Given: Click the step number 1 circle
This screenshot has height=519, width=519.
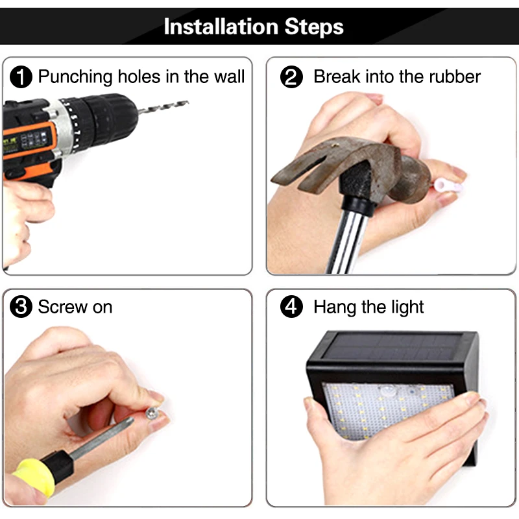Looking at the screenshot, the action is tap(21, 77).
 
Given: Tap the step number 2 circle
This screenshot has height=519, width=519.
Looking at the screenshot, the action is tap(291, 77).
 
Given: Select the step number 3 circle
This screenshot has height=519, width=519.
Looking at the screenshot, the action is tap(21, 306).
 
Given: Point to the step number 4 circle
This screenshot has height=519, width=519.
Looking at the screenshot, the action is tap(291, 306).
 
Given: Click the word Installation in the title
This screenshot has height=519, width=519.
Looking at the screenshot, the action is tap(221, 27).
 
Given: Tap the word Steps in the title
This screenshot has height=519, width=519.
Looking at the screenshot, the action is tap(314, 27).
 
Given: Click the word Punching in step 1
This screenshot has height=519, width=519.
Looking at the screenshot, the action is tap(75, 77).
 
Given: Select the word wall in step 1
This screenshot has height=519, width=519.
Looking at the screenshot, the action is tap(229, 77).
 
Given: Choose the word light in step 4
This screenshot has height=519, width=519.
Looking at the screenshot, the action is tap(407, 308).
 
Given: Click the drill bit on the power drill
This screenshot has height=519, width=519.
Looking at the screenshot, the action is tap(163, 106).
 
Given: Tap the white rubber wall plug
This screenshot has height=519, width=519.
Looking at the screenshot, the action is tap(448, 186).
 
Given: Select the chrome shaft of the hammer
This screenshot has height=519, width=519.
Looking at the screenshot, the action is tap(345, 241).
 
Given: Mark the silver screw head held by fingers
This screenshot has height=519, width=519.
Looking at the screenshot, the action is tap(152, 413).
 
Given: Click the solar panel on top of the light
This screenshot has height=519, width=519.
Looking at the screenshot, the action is tap(392, 348).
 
